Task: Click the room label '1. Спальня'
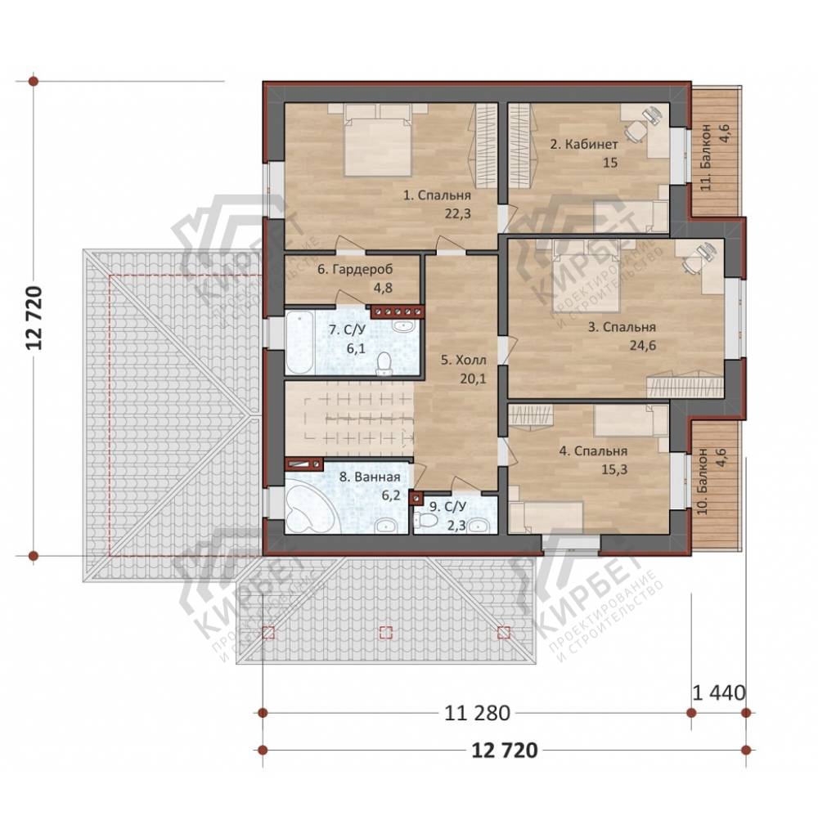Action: pos(437,195)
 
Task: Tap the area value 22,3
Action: pos(457,213)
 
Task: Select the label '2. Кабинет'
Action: pos(584,144)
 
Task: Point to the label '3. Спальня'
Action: pos(622,327)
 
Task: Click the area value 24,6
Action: pos(643,345)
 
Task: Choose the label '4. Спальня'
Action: pos(593,451)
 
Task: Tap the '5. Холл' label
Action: pos(464,361)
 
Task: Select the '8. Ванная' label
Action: pos(370,477)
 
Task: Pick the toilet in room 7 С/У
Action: pos(384,364)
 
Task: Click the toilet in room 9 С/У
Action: pos(425,520)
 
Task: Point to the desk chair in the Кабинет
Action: pos(635,131)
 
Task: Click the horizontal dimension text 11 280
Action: pos(478,712)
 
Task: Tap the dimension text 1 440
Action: pos(718,693)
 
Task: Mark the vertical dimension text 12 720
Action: pos(34,318)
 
